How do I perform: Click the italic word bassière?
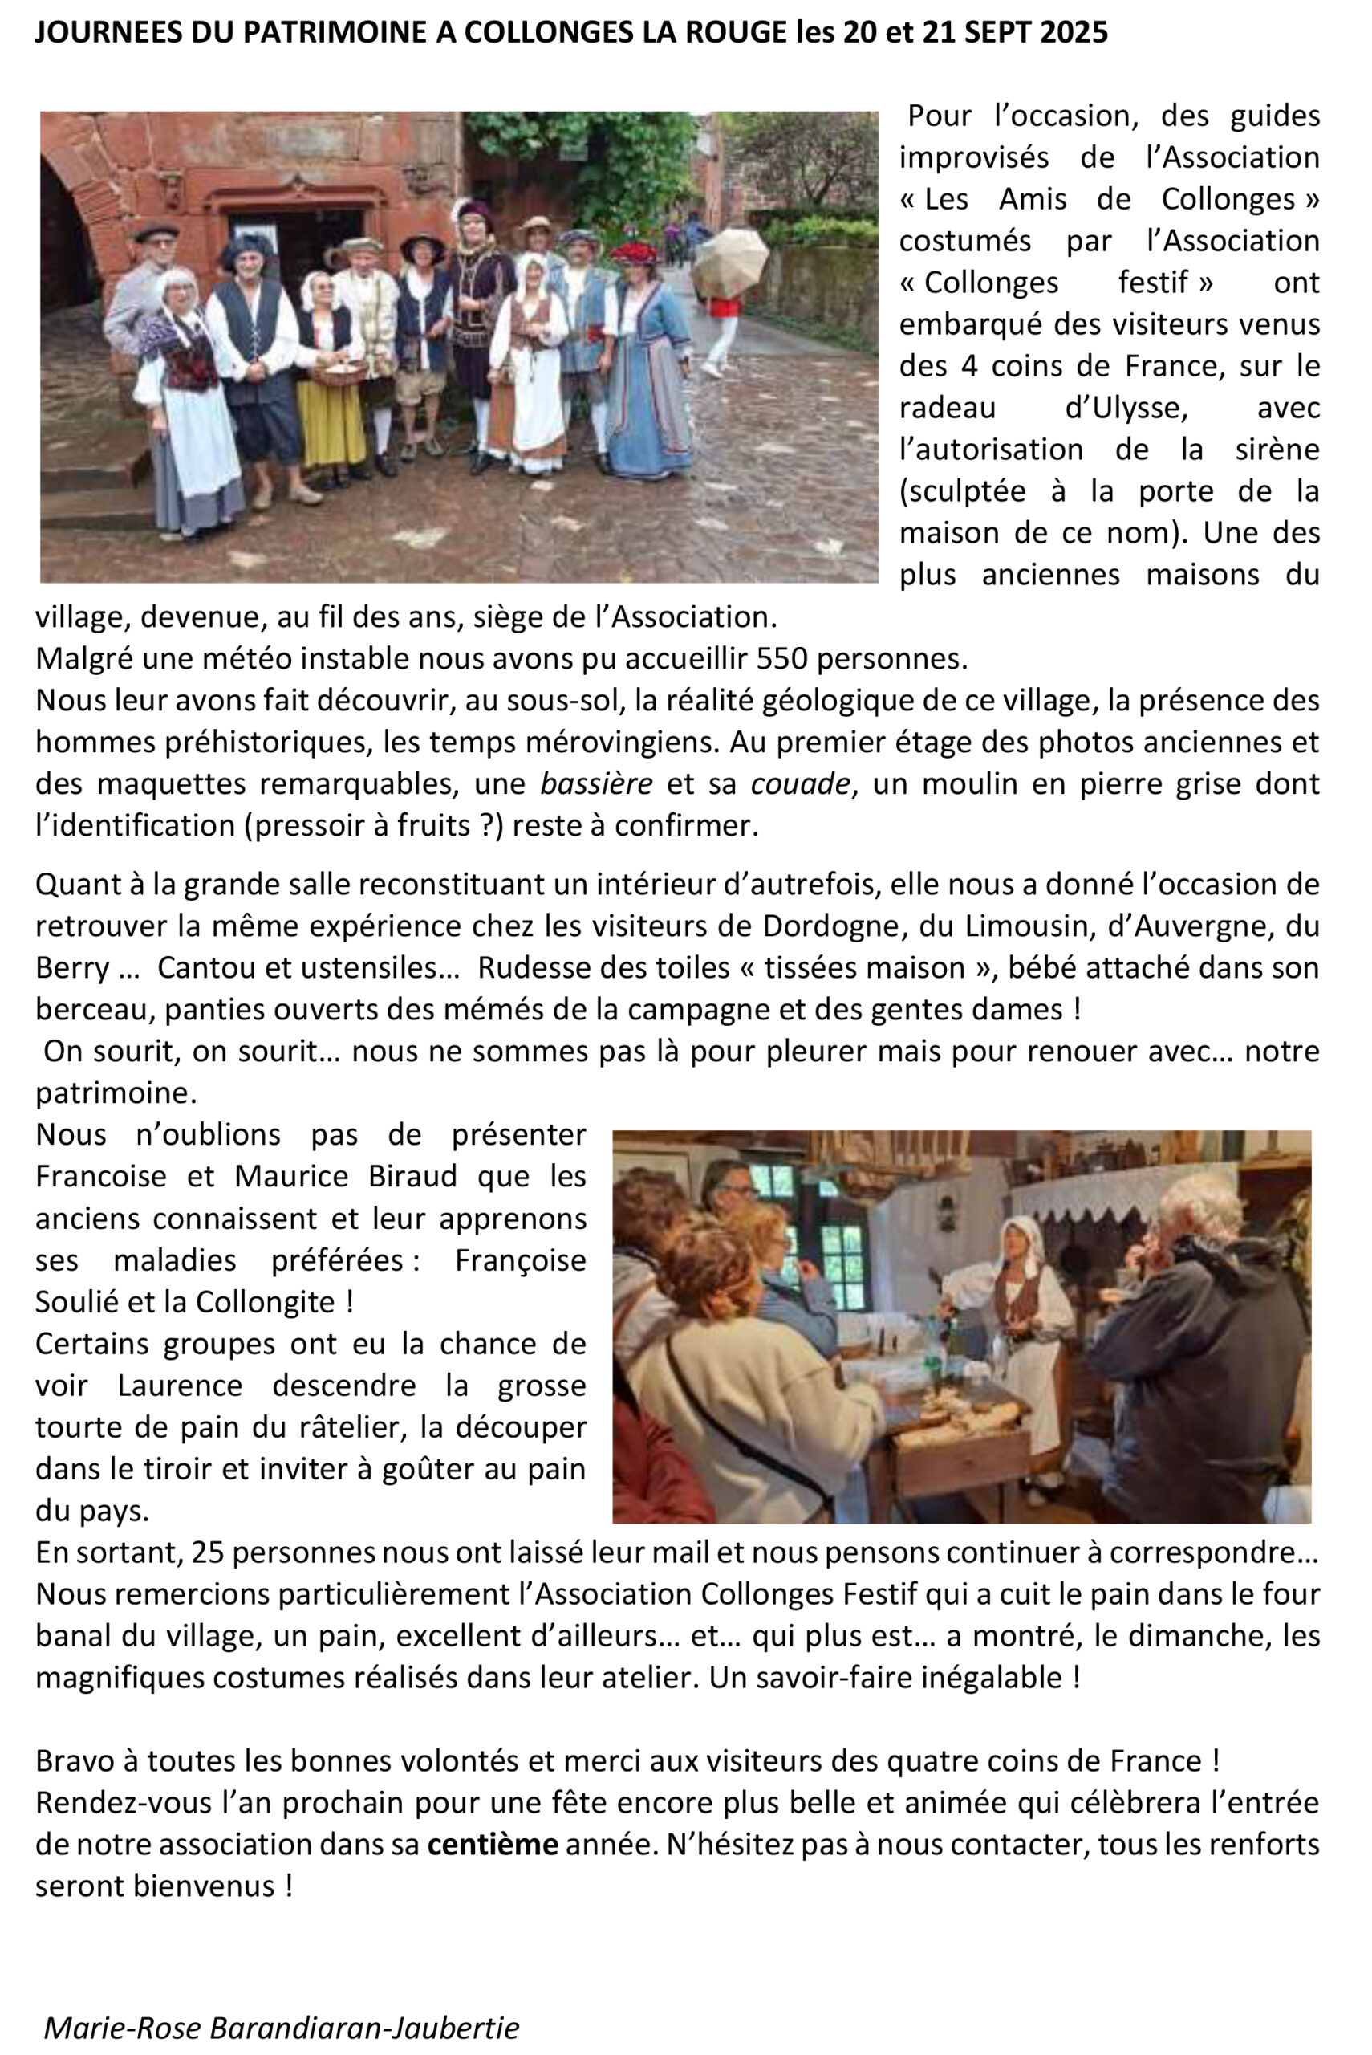point(596,783)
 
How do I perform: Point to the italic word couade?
point(801,783)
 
